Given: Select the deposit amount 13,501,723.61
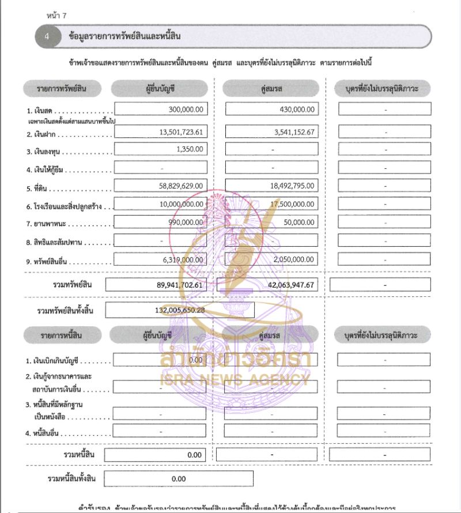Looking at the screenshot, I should (x=182, y=132).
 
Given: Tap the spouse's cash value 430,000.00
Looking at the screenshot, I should (x=295, y=110).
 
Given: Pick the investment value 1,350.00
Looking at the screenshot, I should (x=191, y=149).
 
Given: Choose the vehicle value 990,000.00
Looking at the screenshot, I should (x=186, y=222).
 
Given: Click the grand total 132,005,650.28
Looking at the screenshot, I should (x=180, y=310).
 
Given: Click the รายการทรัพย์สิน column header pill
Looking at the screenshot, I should (x=62, y=89).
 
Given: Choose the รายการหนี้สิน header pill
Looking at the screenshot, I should (x=62, y=335).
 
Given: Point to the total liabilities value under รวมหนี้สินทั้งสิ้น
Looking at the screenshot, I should (x=179, y=478).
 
